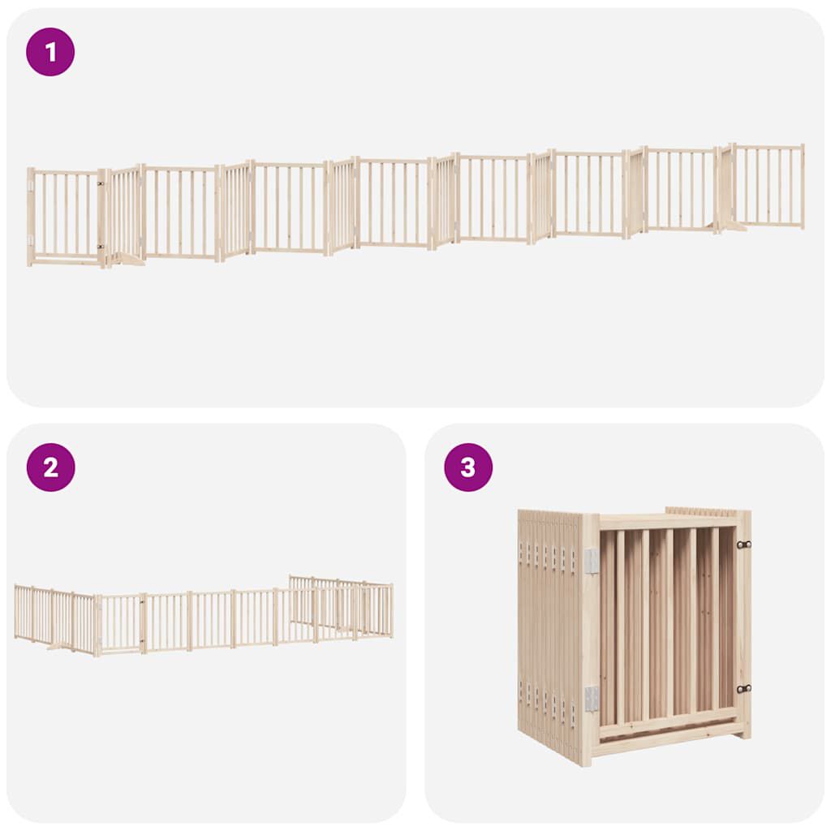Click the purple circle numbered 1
(50, 52)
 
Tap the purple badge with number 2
(50, 467)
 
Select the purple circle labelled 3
(468, 467)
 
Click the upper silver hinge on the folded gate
(592, 561)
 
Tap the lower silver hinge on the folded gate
(592, 698)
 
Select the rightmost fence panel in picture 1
(768, 186)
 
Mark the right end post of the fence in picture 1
(802, 186)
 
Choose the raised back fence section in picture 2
(341, 601)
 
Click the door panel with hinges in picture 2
(120, 623)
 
